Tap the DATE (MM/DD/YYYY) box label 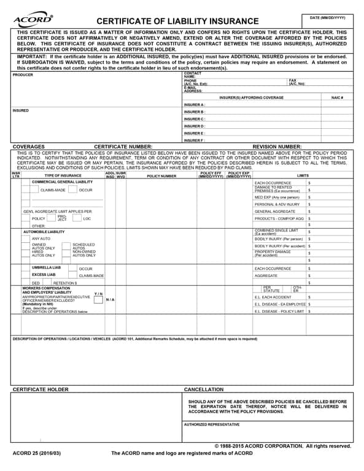(332, 18)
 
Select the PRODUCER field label (23, 75)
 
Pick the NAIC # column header (337, 98)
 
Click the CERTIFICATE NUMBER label (123, 147)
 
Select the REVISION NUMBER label (277, 147)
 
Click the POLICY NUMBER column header (161, 176)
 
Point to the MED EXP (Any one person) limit (277, 197)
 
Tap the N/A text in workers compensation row (110, 299)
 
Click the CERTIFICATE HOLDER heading (41, 389)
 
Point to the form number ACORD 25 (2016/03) (37, 453)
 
